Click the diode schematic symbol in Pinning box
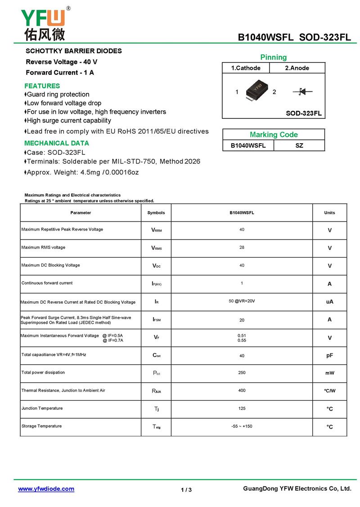pos(302,92)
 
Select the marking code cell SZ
pos(299,145)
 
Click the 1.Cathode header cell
pos(246,68)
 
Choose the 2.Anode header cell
pos(297,68)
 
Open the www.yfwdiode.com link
pos(46,489)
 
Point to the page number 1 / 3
pos(186,490)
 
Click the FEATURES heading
pos(42,86)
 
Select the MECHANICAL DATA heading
pos(57,143)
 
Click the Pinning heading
pos(273,57)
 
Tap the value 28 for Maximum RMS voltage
pos(242,248)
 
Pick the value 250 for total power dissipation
pos(242,372)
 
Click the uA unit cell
pos(329,302)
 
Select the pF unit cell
pos(329,355)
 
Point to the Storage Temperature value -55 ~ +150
pos(242,426)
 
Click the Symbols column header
pos(156,213)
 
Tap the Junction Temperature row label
pos(42,408)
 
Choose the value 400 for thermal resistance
pos(242,390)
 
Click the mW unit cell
pos(329,373)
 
